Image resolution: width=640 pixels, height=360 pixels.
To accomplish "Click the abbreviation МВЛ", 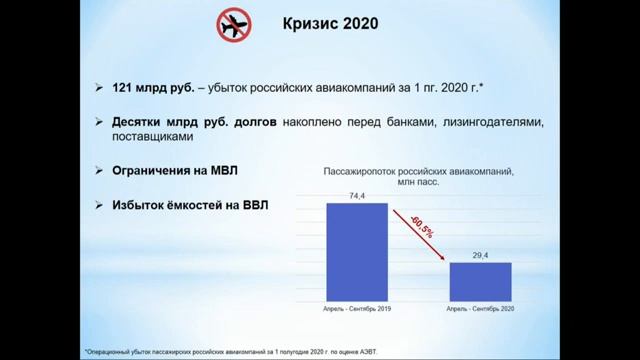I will click(x=226, y=171).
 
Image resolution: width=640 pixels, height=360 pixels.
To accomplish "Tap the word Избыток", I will click(x=138, y=205).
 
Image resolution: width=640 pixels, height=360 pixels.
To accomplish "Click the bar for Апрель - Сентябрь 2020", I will click(x=480, y=281).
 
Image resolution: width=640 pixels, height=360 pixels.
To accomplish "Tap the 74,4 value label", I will click(x=356, y=197).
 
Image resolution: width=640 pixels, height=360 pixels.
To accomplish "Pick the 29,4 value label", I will click(x=480, y=256).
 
